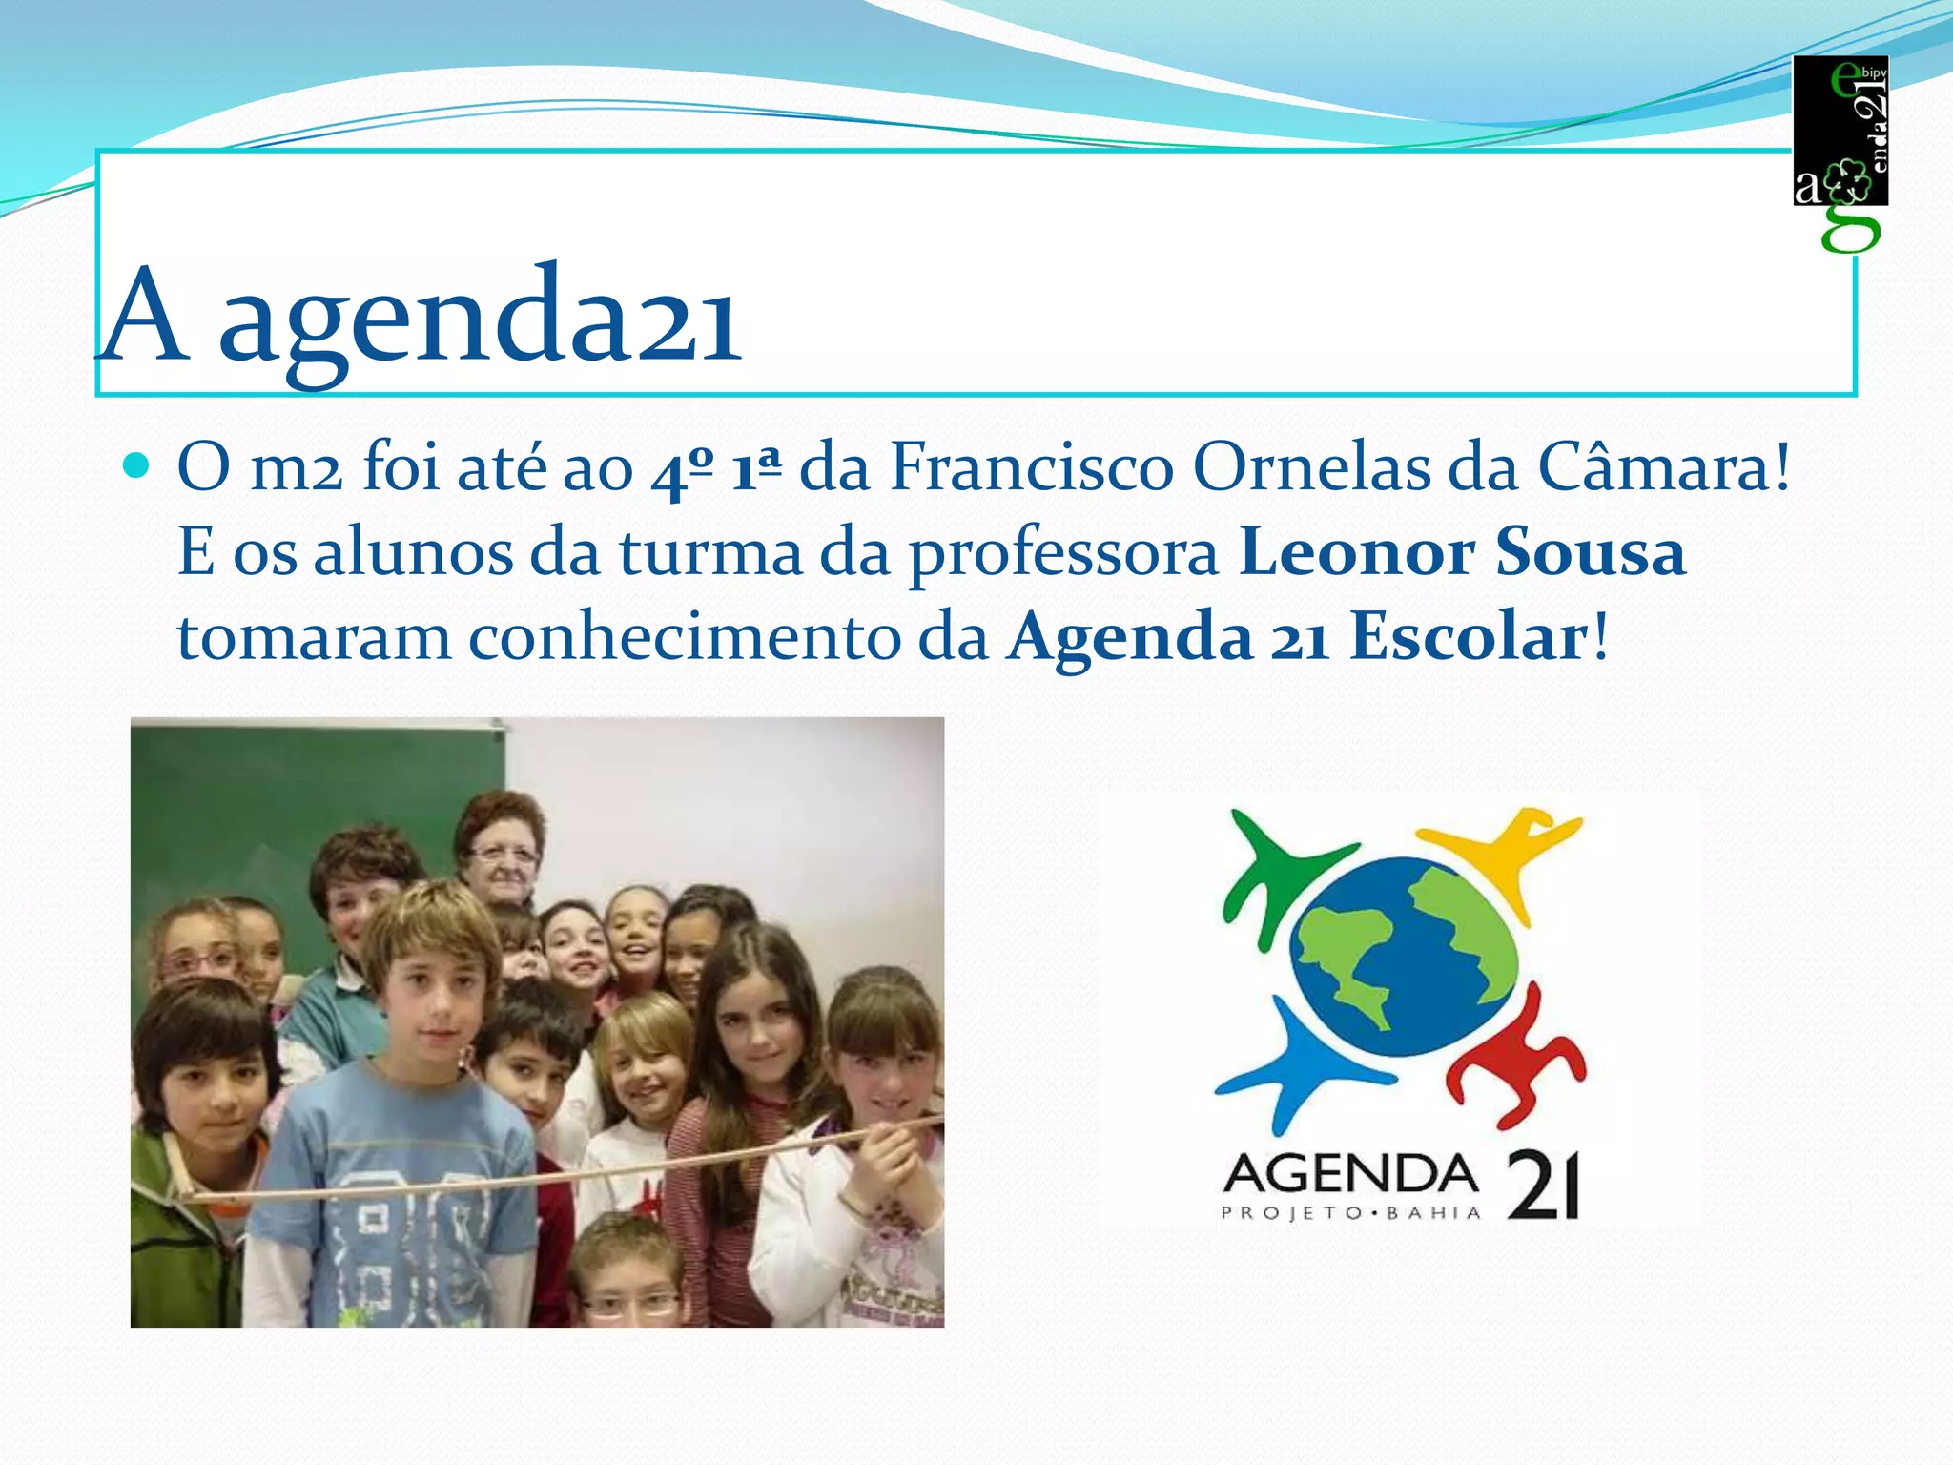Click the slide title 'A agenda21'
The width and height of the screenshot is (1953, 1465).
[421, 315]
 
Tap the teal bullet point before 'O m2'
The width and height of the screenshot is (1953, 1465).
[137, 466]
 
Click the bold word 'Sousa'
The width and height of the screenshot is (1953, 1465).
[1591, 552]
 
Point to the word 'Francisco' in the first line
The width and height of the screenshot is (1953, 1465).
[1031, 468]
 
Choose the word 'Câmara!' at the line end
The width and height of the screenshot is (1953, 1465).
[1663, 468]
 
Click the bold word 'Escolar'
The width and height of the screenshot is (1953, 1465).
[1469, 637]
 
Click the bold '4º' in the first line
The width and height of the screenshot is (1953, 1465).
[681, 470]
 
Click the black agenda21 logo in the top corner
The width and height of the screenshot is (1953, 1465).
[1840, 134]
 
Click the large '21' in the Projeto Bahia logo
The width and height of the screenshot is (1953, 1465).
[1543, 1186]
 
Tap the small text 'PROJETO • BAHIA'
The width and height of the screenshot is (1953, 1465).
[1350, 1213]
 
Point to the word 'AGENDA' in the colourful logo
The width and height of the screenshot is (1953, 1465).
[1350, 1174]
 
